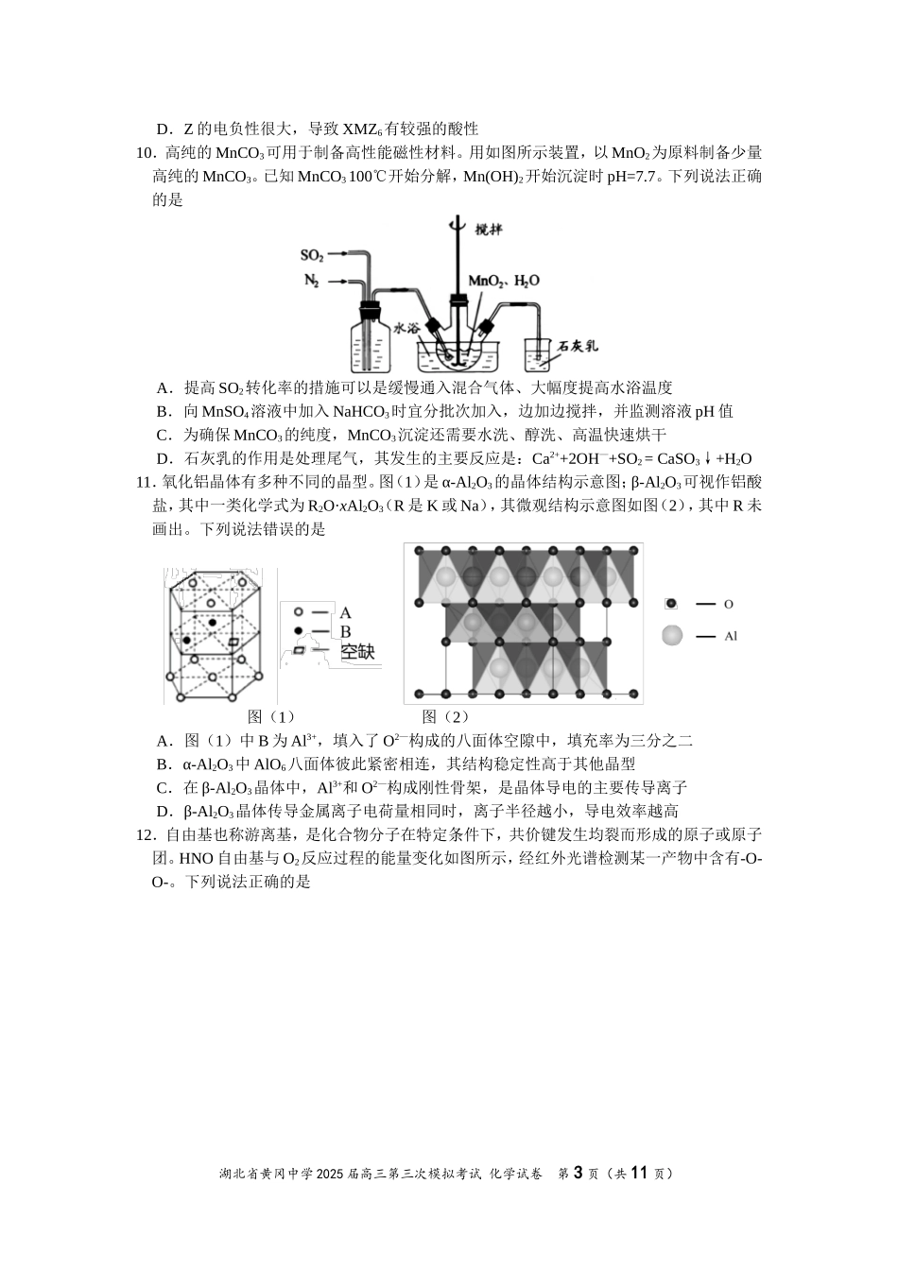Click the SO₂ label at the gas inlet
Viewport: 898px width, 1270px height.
tap(312, 255)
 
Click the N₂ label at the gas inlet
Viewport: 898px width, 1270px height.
tap(311, 281)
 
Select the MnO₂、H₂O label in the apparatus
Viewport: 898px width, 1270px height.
tap(505, 281)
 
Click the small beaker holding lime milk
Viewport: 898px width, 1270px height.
tap(538, 353)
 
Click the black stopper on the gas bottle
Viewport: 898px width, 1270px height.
tap(370, 308)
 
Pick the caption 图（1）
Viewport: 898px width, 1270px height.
tap(271, 716)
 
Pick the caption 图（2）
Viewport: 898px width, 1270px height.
tap(445, 716)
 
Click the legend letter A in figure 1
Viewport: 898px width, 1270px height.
tap(345, 612)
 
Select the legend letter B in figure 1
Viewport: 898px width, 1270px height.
tap(345, 631)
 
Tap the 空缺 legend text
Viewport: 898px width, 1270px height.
tap(358, 651)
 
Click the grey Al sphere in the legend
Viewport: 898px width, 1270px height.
tap(672, 636)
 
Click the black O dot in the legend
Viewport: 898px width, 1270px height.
tap(671, 603)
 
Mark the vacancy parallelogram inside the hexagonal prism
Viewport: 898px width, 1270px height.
tap(233, 643)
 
